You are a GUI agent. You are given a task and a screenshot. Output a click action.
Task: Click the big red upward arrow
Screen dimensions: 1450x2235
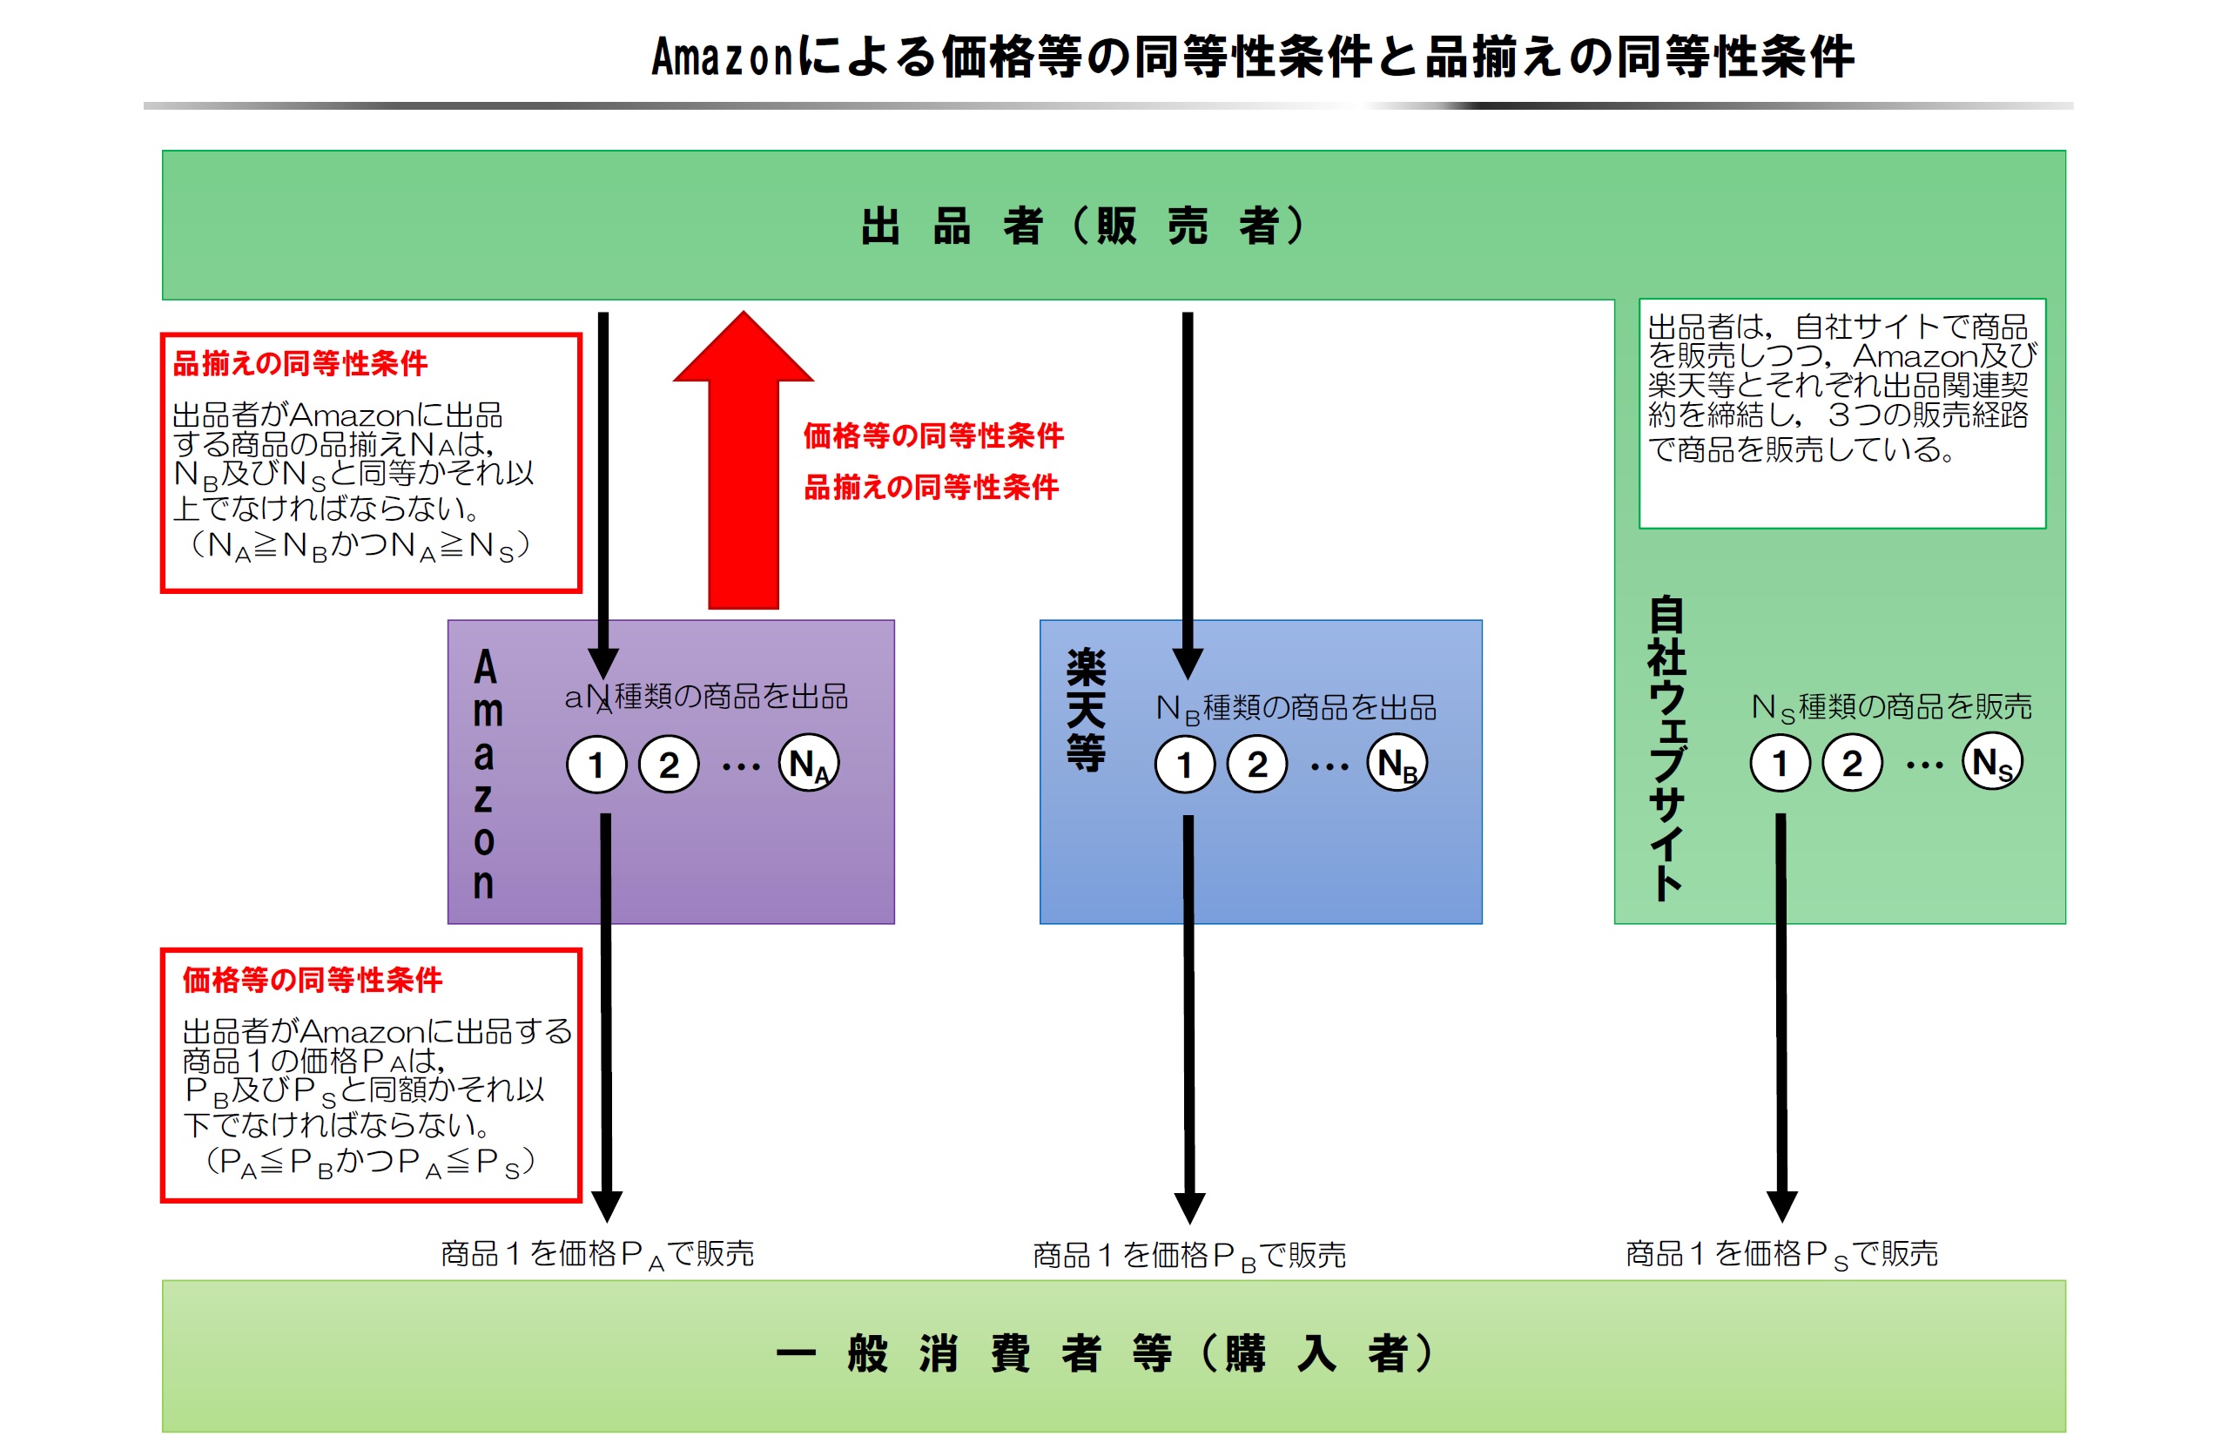743,469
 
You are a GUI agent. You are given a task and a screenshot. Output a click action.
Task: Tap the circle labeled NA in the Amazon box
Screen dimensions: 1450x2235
809,764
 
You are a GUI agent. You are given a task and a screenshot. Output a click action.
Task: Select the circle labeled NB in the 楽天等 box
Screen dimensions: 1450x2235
1397,764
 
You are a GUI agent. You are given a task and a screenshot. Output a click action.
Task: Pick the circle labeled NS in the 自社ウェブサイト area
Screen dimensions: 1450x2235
1991,763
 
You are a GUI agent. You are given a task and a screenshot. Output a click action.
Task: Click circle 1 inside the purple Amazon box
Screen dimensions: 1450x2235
596,765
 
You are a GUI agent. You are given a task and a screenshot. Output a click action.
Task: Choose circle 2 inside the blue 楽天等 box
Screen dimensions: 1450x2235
1257,765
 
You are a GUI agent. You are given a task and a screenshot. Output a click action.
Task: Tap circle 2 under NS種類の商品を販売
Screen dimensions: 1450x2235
1852,763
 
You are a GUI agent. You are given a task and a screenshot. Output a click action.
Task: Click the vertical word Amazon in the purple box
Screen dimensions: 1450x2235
485,774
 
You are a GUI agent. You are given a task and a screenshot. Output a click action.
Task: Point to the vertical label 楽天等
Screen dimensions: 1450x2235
1086,710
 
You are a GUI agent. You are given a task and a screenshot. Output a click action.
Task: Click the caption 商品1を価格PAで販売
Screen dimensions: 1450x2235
597,1254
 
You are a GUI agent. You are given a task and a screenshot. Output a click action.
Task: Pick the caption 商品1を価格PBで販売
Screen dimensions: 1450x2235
1188,1256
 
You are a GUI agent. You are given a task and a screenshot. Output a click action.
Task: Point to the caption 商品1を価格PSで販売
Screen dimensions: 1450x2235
1781,1254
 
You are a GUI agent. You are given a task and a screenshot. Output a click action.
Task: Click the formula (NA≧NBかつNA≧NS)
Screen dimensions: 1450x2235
360,546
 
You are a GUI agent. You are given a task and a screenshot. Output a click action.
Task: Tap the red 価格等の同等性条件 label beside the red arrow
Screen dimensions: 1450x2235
933,435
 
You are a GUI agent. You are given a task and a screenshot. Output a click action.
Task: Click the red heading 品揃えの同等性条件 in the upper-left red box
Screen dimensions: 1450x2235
300,363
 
